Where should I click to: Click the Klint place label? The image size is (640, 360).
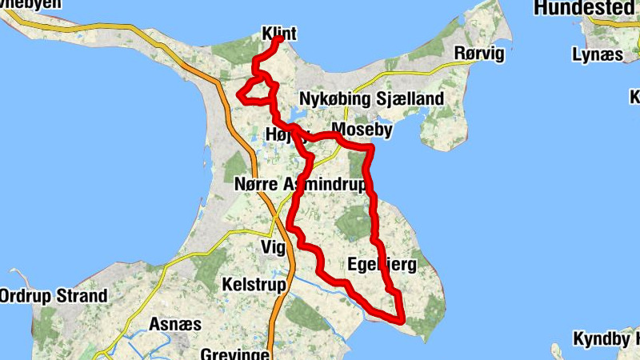[279, 34]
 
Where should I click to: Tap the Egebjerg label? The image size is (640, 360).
[382, 265]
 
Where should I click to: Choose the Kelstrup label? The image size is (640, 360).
[250, 284]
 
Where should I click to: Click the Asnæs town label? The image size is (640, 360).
[175, 324]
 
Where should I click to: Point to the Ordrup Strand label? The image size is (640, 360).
[53, 296]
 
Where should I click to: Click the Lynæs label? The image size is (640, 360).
[597, 54]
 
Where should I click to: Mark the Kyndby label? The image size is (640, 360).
[606, 338]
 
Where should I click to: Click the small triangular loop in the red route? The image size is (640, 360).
[255, 91]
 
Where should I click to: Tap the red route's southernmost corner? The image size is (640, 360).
[402, 319]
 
